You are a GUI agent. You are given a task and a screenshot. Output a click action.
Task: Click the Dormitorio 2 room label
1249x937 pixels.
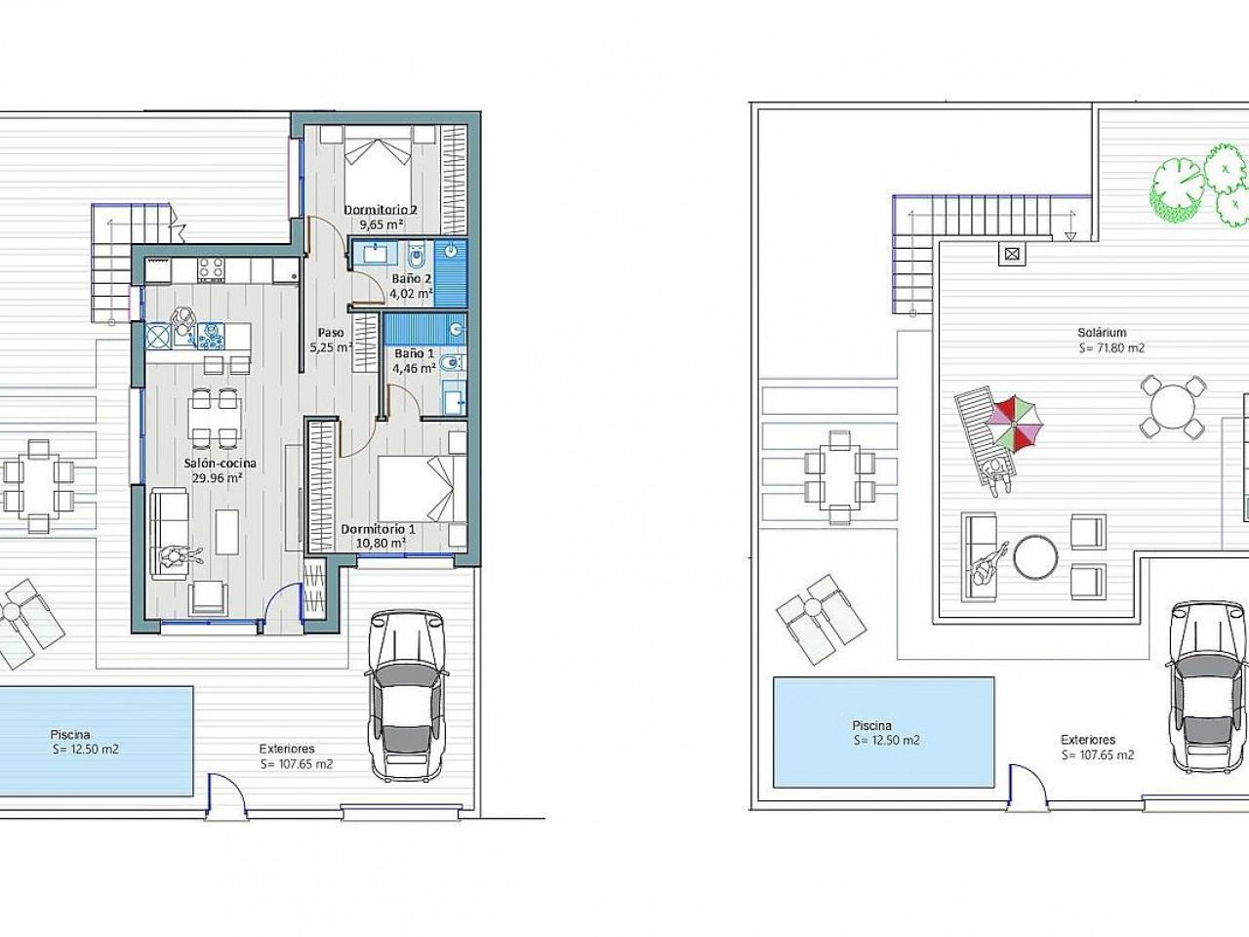[x=381, y=210]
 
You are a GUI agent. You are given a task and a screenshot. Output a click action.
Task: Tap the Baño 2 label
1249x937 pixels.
[x=411, y=279]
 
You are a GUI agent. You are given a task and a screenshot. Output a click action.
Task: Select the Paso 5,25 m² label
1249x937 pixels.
[x=331, y=340]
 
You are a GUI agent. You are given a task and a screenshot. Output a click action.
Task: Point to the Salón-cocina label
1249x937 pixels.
[x=221, y=463]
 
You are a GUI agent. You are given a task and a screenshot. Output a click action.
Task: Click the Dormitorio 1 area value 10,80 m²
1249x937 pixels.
[x=381, y=544]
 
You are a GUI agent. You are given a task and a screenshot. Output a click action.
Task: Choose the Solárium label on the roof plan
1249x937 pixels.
[x=1102, y=332]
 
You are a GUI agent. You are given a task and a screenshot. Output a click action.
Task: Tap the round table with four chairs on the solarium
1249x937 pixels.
[x=1172, y=406]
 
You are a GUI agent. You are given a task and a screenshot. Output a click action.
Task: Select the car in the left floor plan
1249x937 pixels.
[x=406, y=696]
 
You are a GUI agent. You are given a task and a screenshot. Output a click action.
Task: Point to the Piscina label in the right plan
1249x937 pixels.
[x=871, y=726]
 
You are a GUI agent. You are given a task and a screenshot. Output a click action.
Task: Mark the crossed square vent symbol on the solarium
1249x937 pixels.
[x=1012, y=254]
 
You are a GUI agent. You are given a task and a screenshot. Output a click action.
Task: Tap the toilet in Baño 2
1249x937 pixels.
[x=416, y=258]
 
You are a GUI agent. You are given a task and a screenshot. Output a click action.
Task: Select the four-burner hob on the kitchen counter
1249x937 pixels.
[x=211, y=269]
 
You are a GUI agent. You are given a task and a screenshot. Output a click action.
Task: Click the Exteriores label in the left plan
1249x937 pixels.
[x=287, y=749]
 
